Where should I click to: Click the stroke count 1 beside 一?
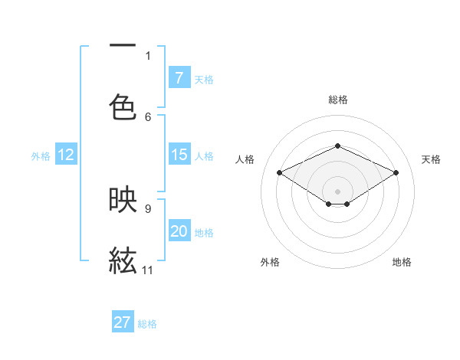pyautogui.click(x=148, y=55)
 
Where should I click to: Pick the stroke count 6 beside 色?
pyautogui.click(x=148, y=116)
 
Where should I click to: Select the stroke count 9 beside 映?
pyautogui.click(x=148, y=208)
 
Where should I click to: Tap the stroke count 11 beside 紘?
pyautogui.click(x=148, y=270)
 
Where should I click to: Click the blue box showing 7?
pyautogui.click(x=179, y=77)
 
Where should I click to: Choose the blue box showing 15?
pyautogui.click(x=179, y=155)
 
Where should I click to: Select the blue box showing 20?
pyautogui.click(x=179, y=231)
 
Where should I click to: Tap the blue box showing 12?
pyautogui.click(x=66, y=155)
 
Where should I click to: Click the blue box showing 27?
pyautogui.click(x=123, y=322)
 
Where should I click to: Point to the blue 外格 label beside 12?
pyautogui.click(x=41, y=155)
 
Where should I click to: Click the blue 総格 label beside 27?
pyautogui.click(x=147, y=324)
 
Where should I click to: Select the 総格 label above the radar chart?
pyautogui.click(x=337, y=100)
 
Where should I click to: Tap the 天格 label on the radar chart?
pyautogui.click(x=431, y=159)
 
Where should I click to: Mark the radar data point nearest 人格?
pyautogui.click(x=279, y=172)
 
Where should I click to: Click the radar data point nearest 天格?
pyautogui.click(x=396, y=172)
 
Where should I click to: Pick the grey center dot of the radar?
pyautogui.click(x=337, y=191)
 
